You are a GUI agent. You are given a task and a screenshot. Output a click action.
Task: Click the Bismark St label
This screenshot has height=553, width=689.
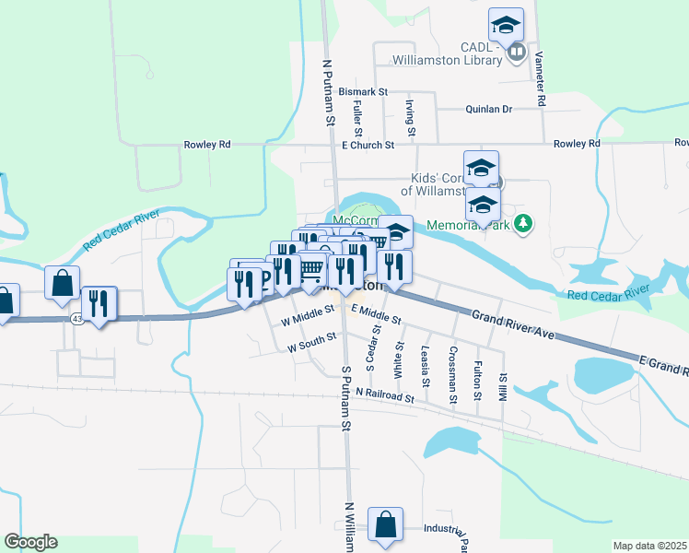click(363, 92)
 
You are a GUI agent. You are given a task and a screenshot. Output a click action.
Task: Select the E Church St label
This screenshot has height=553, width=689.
click(368, 145)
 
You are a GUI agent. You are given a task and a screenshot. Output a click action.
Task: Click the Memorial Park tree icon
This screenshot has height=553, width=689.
click(524, 222)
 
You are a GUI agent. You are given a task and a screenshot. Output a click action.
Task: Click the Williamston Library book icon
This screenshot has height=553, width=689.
click(517, 53)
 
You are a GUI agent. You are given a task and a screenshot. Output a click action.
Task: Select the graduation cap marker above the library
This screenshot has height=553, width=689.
click(506, 24)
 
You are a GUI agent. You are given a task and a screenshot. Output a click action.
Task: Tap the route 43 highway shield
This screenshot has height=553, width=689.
click(76, 318)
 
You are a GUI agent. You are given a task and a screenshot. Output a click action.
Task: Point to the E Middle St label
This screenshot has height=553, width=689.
click(377, 317)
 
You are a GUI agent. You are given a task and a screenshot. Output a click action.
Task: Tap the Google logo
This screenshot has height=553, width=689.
click(30, 542)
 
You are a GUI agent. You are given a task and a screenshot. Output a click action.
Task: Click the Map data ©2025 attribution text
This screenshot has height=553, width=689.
click(649, 546)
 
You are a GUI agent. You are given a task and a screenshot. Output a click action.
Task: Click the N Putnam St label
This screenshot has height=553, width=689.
click(328, 92)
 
